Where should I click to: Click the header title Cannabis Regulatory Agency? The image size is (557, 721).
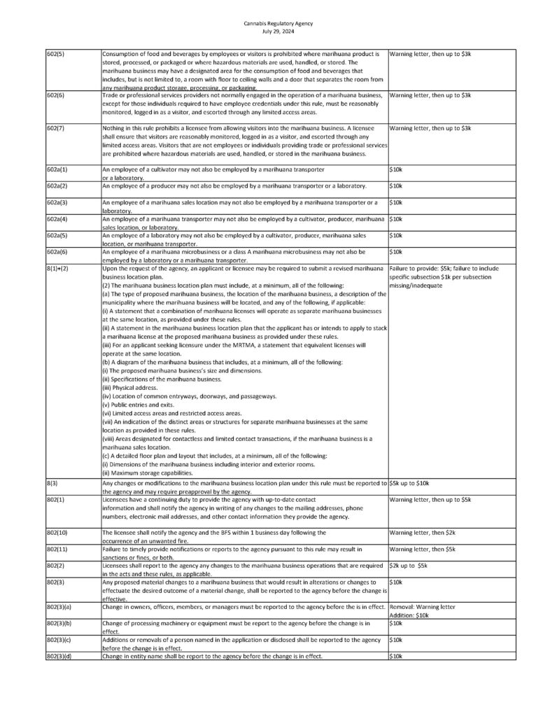278,24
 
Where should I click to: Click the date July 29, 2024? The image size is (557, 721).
278,31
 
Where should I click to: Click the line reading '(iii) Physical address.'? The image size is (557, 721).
130,387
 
